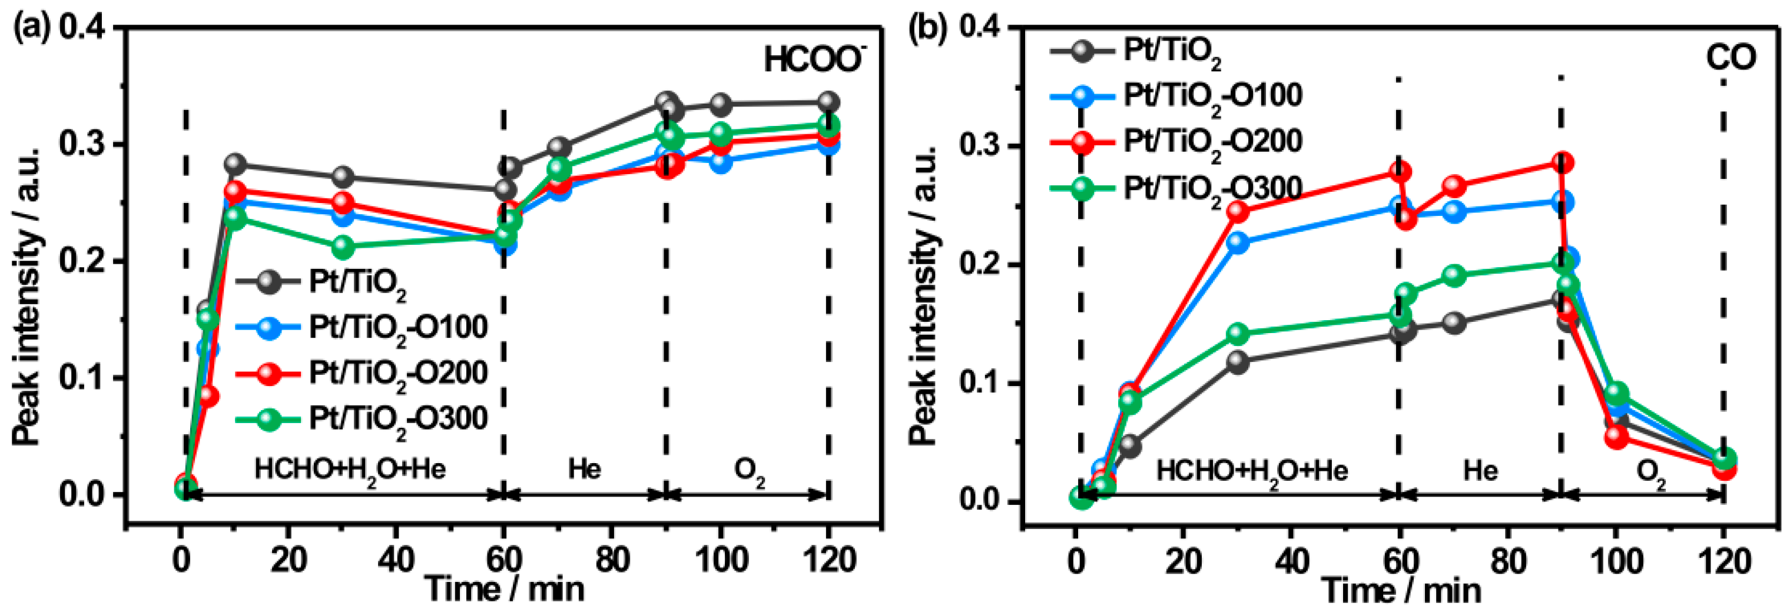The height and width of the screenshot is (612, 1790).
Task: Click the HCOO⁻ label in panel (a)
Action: pos(813,60)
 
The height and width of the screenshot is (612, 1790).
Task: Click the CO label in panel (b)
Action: pos(1731,59)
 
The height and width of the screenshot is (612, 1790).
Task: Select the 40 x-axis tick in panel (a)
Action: pos(396,559)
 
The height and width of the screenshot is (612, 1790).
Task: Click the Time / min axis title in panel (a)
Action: pos(505,590)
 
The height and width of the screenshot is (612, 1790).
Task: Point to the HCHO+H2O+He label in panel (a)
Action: pos(350,470)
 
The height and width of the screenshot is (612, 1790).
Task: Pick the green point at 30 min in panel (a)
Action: pos(343,247)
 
